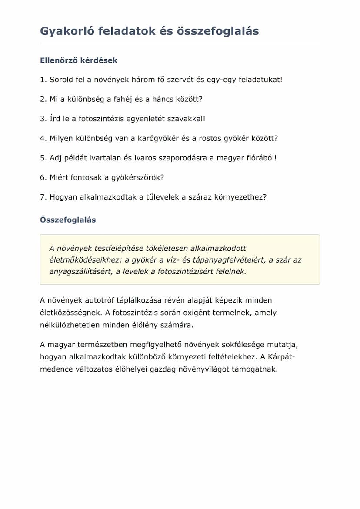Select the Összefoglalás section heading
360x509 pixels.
tap(68, 220)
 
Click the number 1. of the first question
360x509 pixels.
tap(43, 80)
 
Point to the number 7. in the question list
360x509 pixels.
tap(43, 197)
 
